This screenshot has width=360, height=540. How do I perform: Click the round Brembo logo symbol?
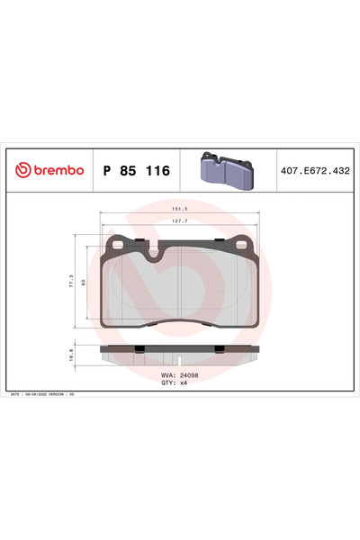coord(22,170)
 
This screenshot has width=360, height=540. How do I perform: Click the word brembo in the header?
coord(58,170)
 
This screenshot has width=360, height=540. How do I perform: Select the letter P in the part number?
coord(107,170)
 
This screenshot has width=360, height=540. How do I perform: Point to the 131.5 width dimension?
coord(179,211)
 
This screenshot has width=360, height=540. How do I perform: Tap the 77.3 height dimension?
coord(72,281)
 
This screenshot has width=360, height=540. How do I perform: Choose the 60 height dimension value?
coord(85,281)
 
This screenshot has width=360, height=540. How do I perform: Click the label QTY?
coord(167,382)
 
